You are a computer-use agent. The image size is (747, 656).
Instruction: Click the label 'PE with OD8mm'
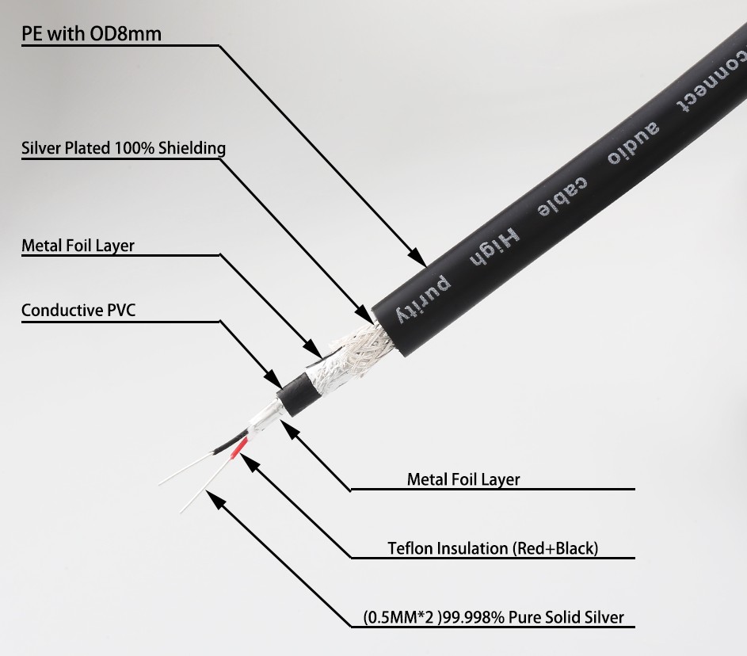tap(91, 34)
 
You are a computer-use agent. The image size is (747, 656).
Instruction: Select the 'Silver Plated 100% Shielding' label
tap(124, 148)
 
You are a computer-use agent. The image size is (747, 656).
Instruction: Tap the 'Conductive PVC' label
tap(78, 310)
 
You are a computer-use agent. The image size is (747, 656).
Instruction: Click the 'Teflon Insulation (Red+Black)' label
tap(493, 548)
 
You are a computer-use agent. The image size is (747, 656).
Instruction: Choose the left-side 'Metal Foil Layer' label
tap(78, 246)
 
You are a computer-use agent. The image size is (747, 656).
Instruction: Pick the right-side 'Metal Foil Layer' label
tap(463, 479)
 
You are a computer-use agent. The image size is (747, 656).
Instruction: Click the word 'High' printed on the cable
tap(494, 248)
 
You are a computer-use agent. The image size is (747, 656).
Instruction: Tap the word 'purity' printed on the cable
tap(422, 299)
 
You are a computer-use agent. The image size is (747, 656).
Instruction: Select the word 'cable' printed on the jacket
tap(562, 197)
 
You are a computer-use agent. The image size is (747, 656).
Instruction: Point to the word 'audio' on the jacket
tap(633, 143)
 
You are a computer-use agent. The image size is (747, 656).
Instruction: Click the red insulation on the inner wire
tap(239, 448)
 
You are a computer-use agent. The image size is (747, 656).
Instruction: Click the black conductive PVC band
tap(295, 395)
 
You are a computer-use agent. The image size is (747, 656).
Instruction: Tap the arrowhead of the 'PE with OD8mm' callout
tap(418, 257)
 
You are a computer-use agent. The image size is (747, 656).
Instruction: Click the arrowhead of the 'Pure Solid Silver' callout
tap(215, 500)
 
